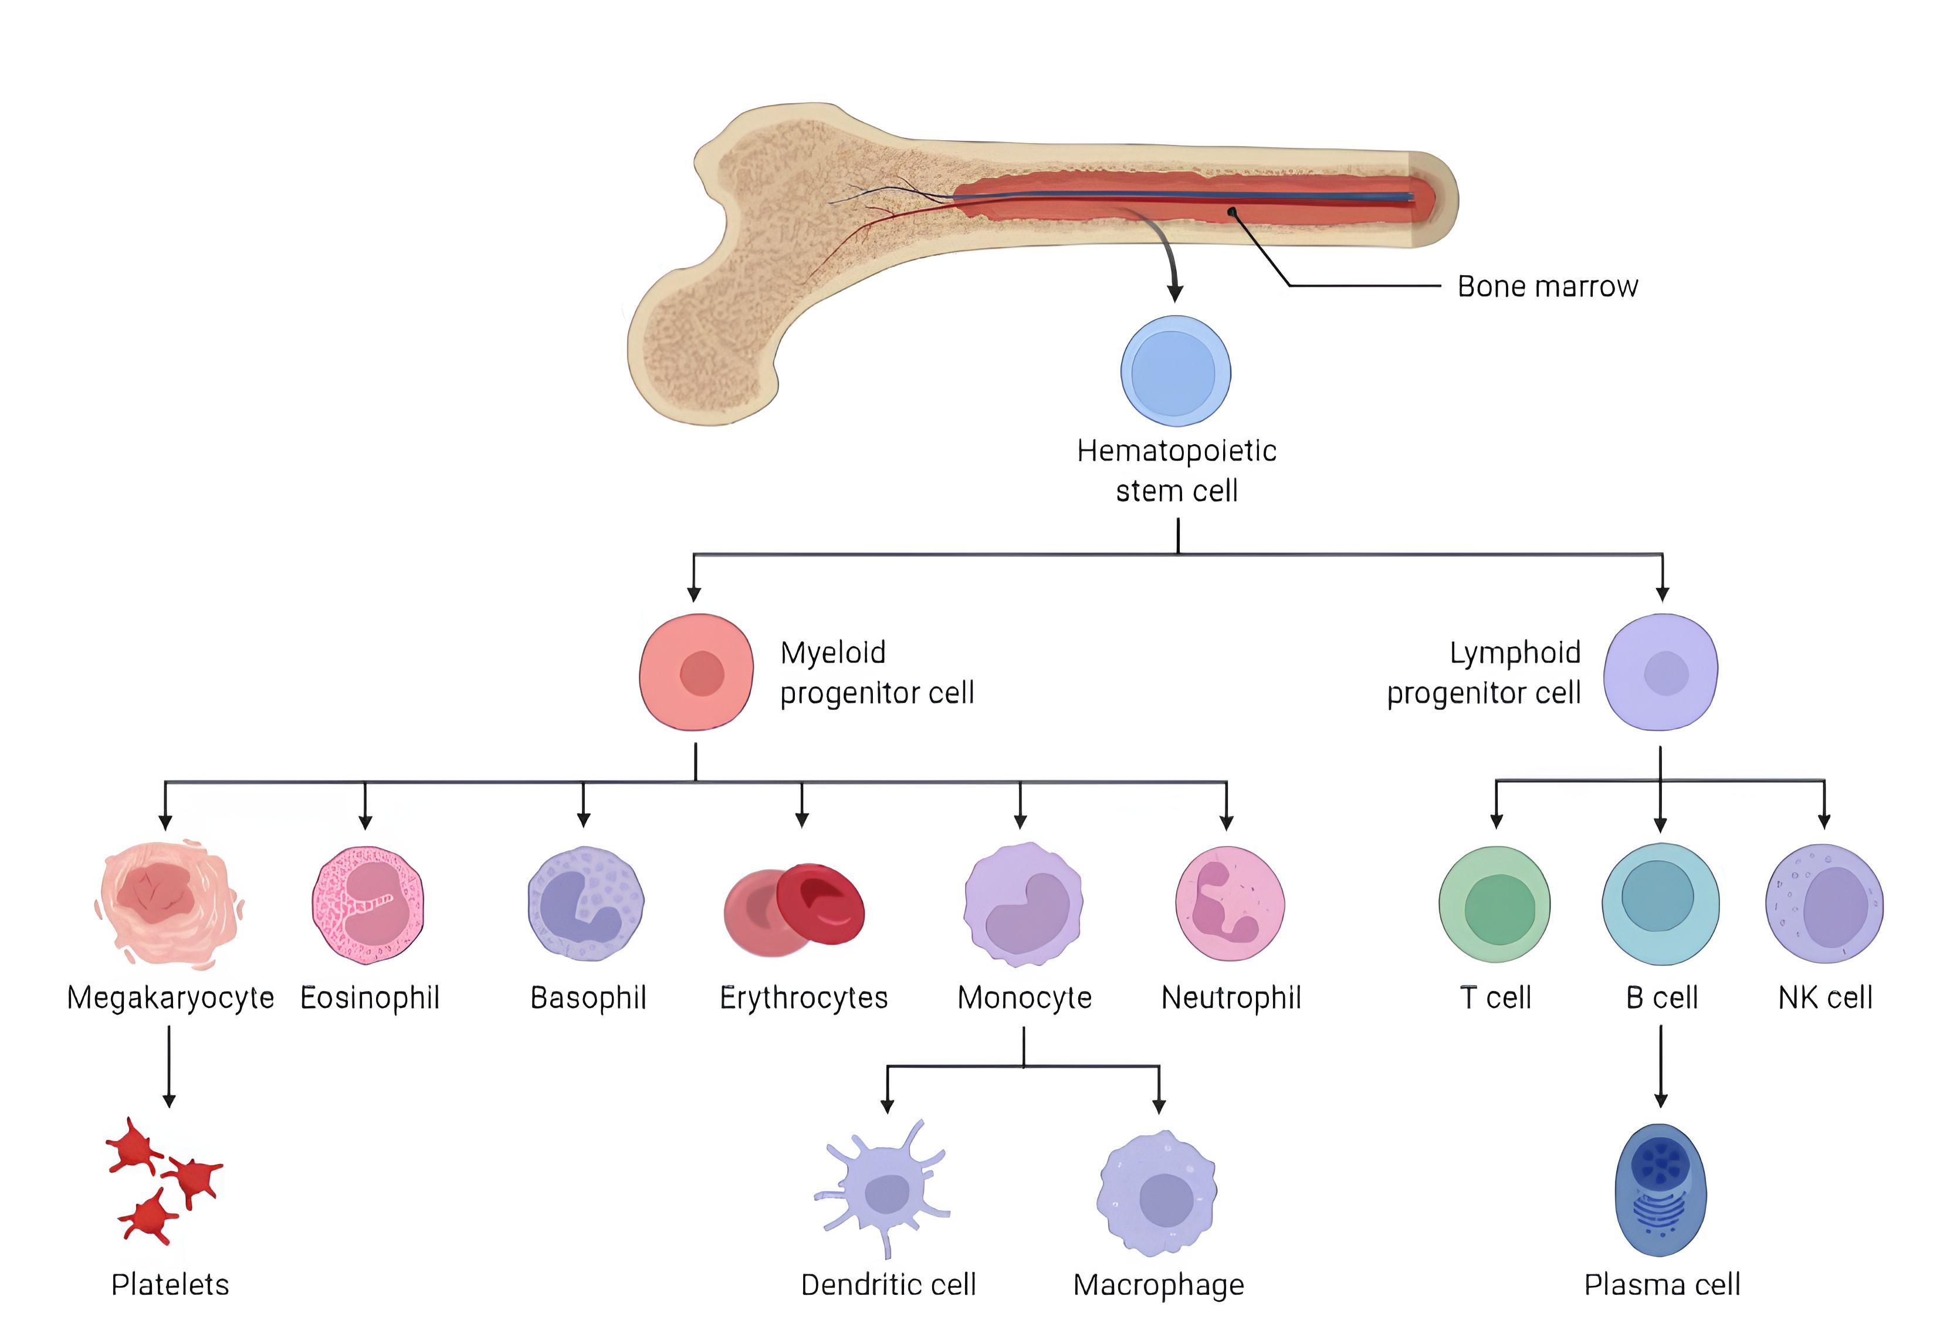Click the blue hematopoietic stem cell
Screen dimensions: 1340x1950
click(x=1175, y=371)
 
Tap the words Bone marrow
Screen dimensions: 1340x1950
click(x=1547, y=286)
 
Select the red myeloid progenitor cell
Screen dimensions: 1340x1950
click(x=696, y=672)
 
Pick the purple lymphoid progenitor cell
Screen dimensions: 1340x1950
click(x=1660, y=672)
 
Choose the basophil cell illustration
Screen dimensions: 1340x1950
click(x=585, y=904)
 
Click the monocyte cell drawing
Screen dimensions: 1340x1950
click(x=1023, y=905)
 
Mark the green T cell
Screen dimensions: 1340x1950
click(x=1494, y=905)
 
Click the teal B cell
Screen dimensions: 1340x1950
click(x=1660, y=904)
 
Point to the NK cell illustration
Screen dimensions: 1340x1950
click(x=1824, y=904)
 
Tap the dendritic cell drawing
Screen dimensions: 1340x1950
click(x=883, y=1190)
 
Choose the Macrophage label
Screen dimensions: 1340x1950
click(x=1159, y=1285)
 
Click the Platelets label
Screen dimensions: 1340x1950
click(x=170, y=1285)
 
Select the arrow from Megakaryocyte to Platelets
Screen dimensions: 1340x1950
click(x=169, y=1066)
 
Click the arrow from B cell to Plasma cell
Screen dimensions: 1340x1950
click(x=1660, y=1066)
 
